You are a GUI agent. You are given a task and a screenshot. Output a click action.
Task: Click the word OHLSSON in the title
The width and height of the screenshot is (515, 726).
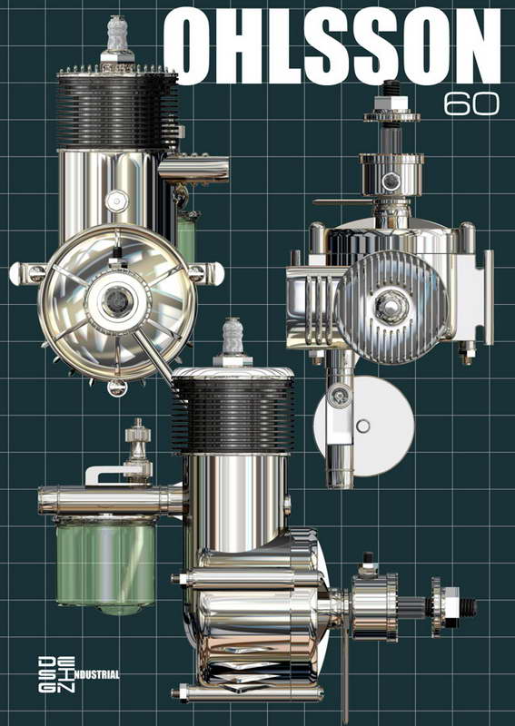coord(332,47)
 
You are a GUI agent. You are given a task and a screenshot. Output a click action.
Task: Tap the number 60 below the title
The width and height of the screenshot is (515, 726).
coord(471,104)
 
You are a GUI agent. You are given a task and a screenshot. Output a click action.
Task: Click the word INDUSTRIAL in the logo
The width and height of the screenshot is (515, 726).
coord(96,674)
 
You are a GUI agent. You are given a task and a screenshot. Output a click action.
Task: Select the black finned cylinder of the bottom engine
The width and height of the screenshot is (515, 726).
coord(233,415)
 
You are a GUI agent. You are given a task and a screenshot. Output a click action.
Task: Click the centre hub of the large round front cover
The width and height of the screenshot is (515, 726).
coord(117,301)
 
